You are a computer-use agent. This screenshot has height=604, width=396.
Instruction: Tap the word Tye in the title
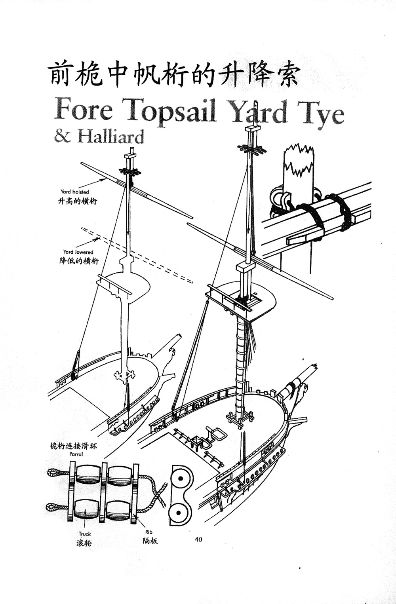click(321, 113)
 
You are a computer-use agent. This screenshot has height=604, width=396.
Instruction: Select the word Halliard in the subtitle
click(110, 137)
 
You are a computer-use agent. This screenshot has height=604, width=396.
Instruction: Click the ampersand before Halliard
click(62, 136)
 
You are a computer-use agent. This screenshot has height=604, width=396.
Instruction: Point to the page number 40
click(198, 539)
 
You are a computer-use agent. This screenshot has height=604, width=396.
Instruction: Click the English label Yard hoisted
click(74, 192)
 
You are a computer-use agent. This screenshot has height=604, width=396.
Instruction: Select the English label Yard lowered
click(78, 252)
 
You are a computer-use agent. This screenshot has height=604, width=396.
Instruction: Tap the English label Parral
click(76, 454)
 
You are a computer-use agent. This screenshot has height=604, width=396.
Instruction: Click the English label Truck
click(84, 534)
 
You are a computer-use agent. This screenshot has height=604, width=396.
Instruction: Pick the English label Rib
click(148, 532)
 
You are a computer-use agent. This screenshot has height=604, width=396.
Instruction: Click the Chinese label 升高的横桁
click(77, 201)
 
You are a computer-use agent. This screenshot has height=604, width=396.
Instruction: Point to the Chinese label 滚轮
click(84, 543)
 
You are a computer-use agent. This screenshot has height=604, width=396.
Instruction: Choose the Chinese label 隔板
click(150, 541)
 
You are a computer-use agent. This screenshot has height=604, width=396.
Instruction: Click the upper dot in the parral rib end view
click(181, 479)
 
